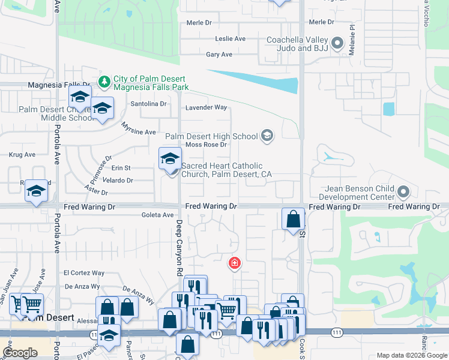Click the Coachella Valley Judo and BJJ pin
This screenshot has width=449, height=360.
pyautogui.click(x=337, y=43)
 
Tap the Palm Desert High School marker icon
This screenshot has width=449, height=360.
pyautogui.click(x=267, y=136)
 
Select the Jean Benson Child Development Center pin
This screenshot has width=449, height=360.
pyautogui.click(x=403, y=192)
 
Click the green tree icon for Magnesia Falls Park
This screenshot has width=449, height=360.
pyautogui.click(x=104, y=80)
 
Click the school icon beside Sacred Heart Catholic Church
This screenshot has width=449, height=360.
pyautogui.click(x=170, y=159)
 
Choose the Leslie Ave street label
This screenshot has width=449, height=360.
pyautogui.click(x=231, y=38)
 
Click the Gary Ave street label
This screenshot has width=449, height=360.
pyautogui.click(x=219, y=54)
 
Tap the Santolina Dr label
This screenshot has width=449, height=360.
pyautogui.click(x=149, y=103)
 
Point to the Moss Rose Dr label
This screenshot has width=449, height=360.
pyautogui.click(x=205, y=145)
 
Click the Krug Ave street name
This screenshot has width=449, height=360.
pyautogui.click(x=22, y=154)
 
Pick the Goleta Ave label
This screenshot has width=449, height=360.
pyautogui.click(x=157, y=214)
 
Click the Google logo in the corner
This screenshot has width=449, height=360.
pyautogui.click(x=20, y=353)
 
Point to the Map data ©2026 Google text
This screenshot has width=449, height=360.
pyautogui.click(x=411, y=355)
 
